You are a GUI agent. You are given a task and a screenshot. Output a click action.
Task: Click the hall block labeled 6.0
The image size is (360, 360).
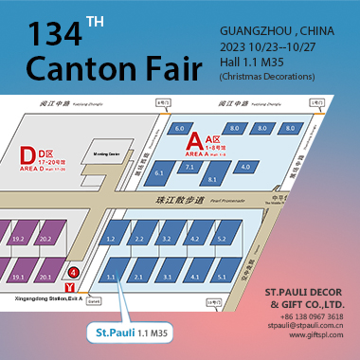[180, 127]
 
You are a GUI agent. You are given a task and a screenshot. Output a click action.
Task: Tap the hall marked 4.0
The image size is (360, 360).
[244, 168]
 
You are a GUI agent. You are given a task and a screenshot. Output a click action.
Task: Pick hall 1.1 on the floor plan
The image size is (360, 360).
[112, 277]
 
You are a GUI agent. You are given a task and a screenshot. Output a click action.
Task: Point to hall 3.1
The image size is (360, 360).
[166, 277]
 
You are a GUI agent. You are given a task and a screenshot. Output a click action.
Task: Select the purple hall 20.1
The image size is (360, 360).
[45, 278]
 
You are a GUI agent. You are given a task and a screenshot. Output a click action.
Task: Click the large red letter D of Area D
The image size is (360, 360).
[27, 151]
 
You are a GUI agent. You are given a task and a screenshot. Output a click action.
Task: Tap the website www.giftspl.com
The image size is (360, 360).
[316, 335]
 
